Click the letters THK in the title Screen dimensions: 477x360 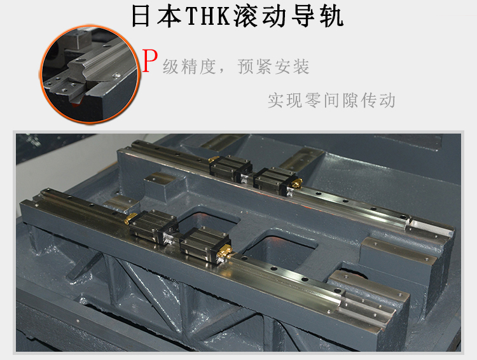pyautogui.click(x=208, y=16)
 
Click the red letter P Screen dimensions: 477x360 pyautogui.click(x=150, y=61)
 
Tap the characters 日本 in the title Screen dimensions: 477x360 pyautogui.click(x=156, y=16)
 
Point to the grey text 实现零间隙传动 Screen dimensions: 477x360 pyautogui.click(x=331, y=100)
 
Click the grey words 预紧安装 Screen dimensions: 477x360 pyautogui.click(x=273, y=67)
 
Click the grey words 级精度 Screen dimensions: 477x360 pyautogui.click(x=190, y=67)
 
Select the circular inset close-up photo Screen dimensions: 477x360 pyautogui.click(x=90, y=74)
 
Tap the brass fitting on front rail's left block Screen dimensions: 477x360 pyautogui.click(x=131, y=218)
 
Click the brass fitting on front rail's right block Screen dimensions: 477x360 pyautogui.click(x=225, y=249)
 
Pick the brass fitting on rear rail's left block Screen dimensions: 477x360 pyautogui.click(x=213, y=159)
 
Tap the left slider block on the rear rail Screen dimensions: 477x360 pyautogui.click(x=231, y=169)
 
